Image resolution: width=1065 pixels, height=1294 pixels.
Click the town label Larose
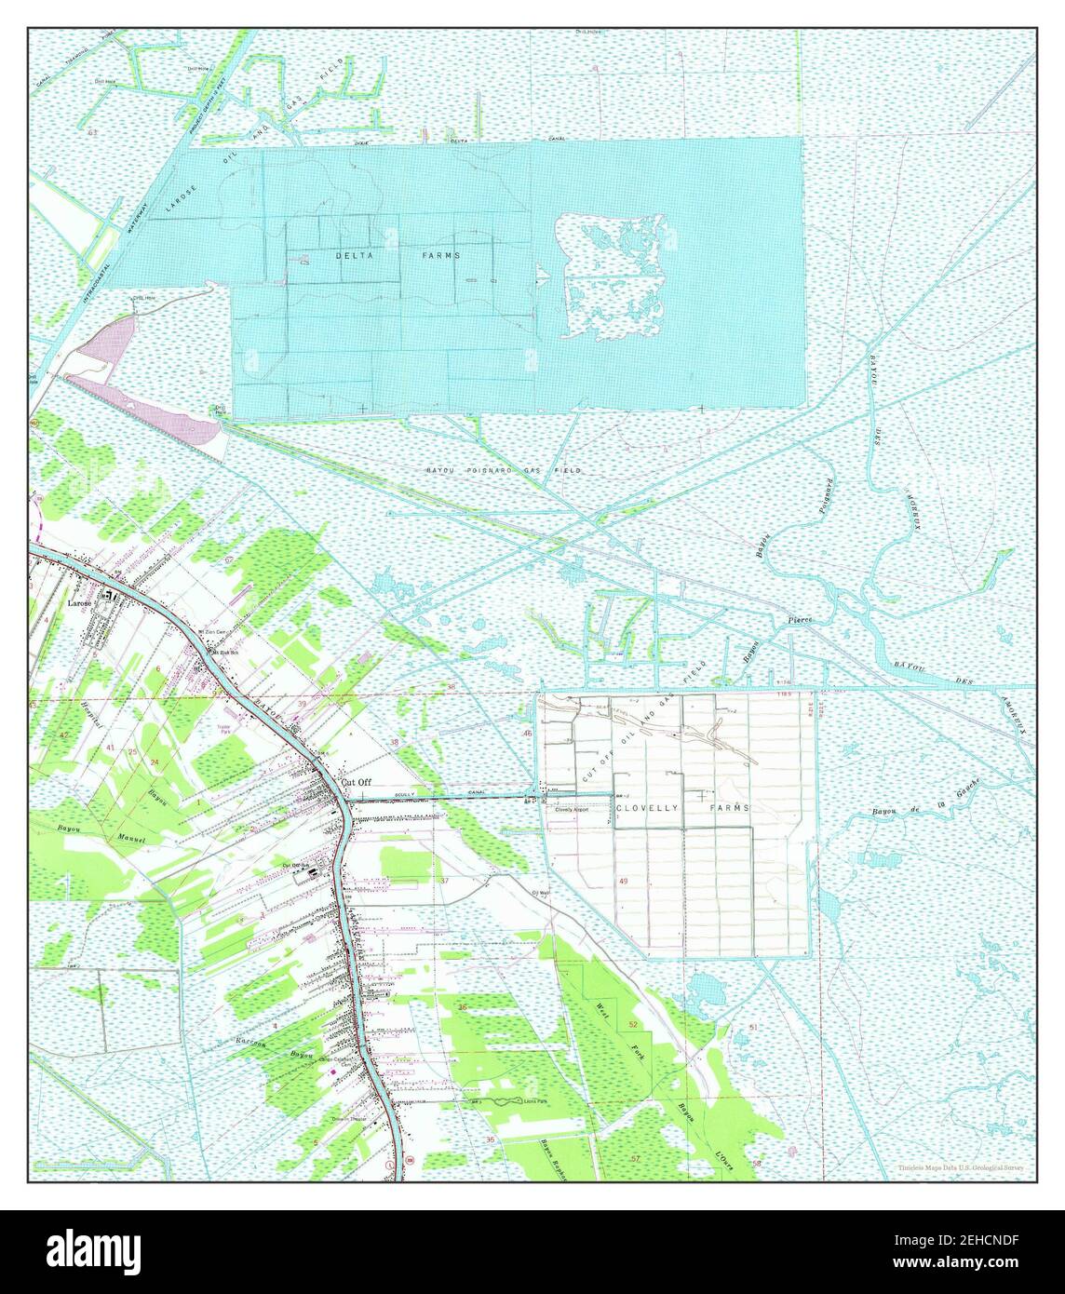pyautogui.click(x=81, y=603)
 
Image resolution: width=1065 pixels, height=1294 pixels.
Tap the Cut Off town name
pyautogui.click(x=356, y=783)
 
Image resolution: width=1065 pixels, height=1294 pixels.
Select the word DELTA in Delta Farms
pyautogui.click(x=355, y=254)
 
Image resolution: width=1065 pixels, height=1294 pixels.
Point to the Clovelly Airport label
pyautogui.click(x=573, y=810)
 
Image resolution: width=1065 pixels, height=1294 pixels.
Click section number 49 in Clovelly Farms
pyautogui.click(x=623, y=881)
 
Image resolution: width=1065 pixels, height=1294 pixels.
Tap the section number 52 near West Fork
pyautogui.click(x=633, y=1024)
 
